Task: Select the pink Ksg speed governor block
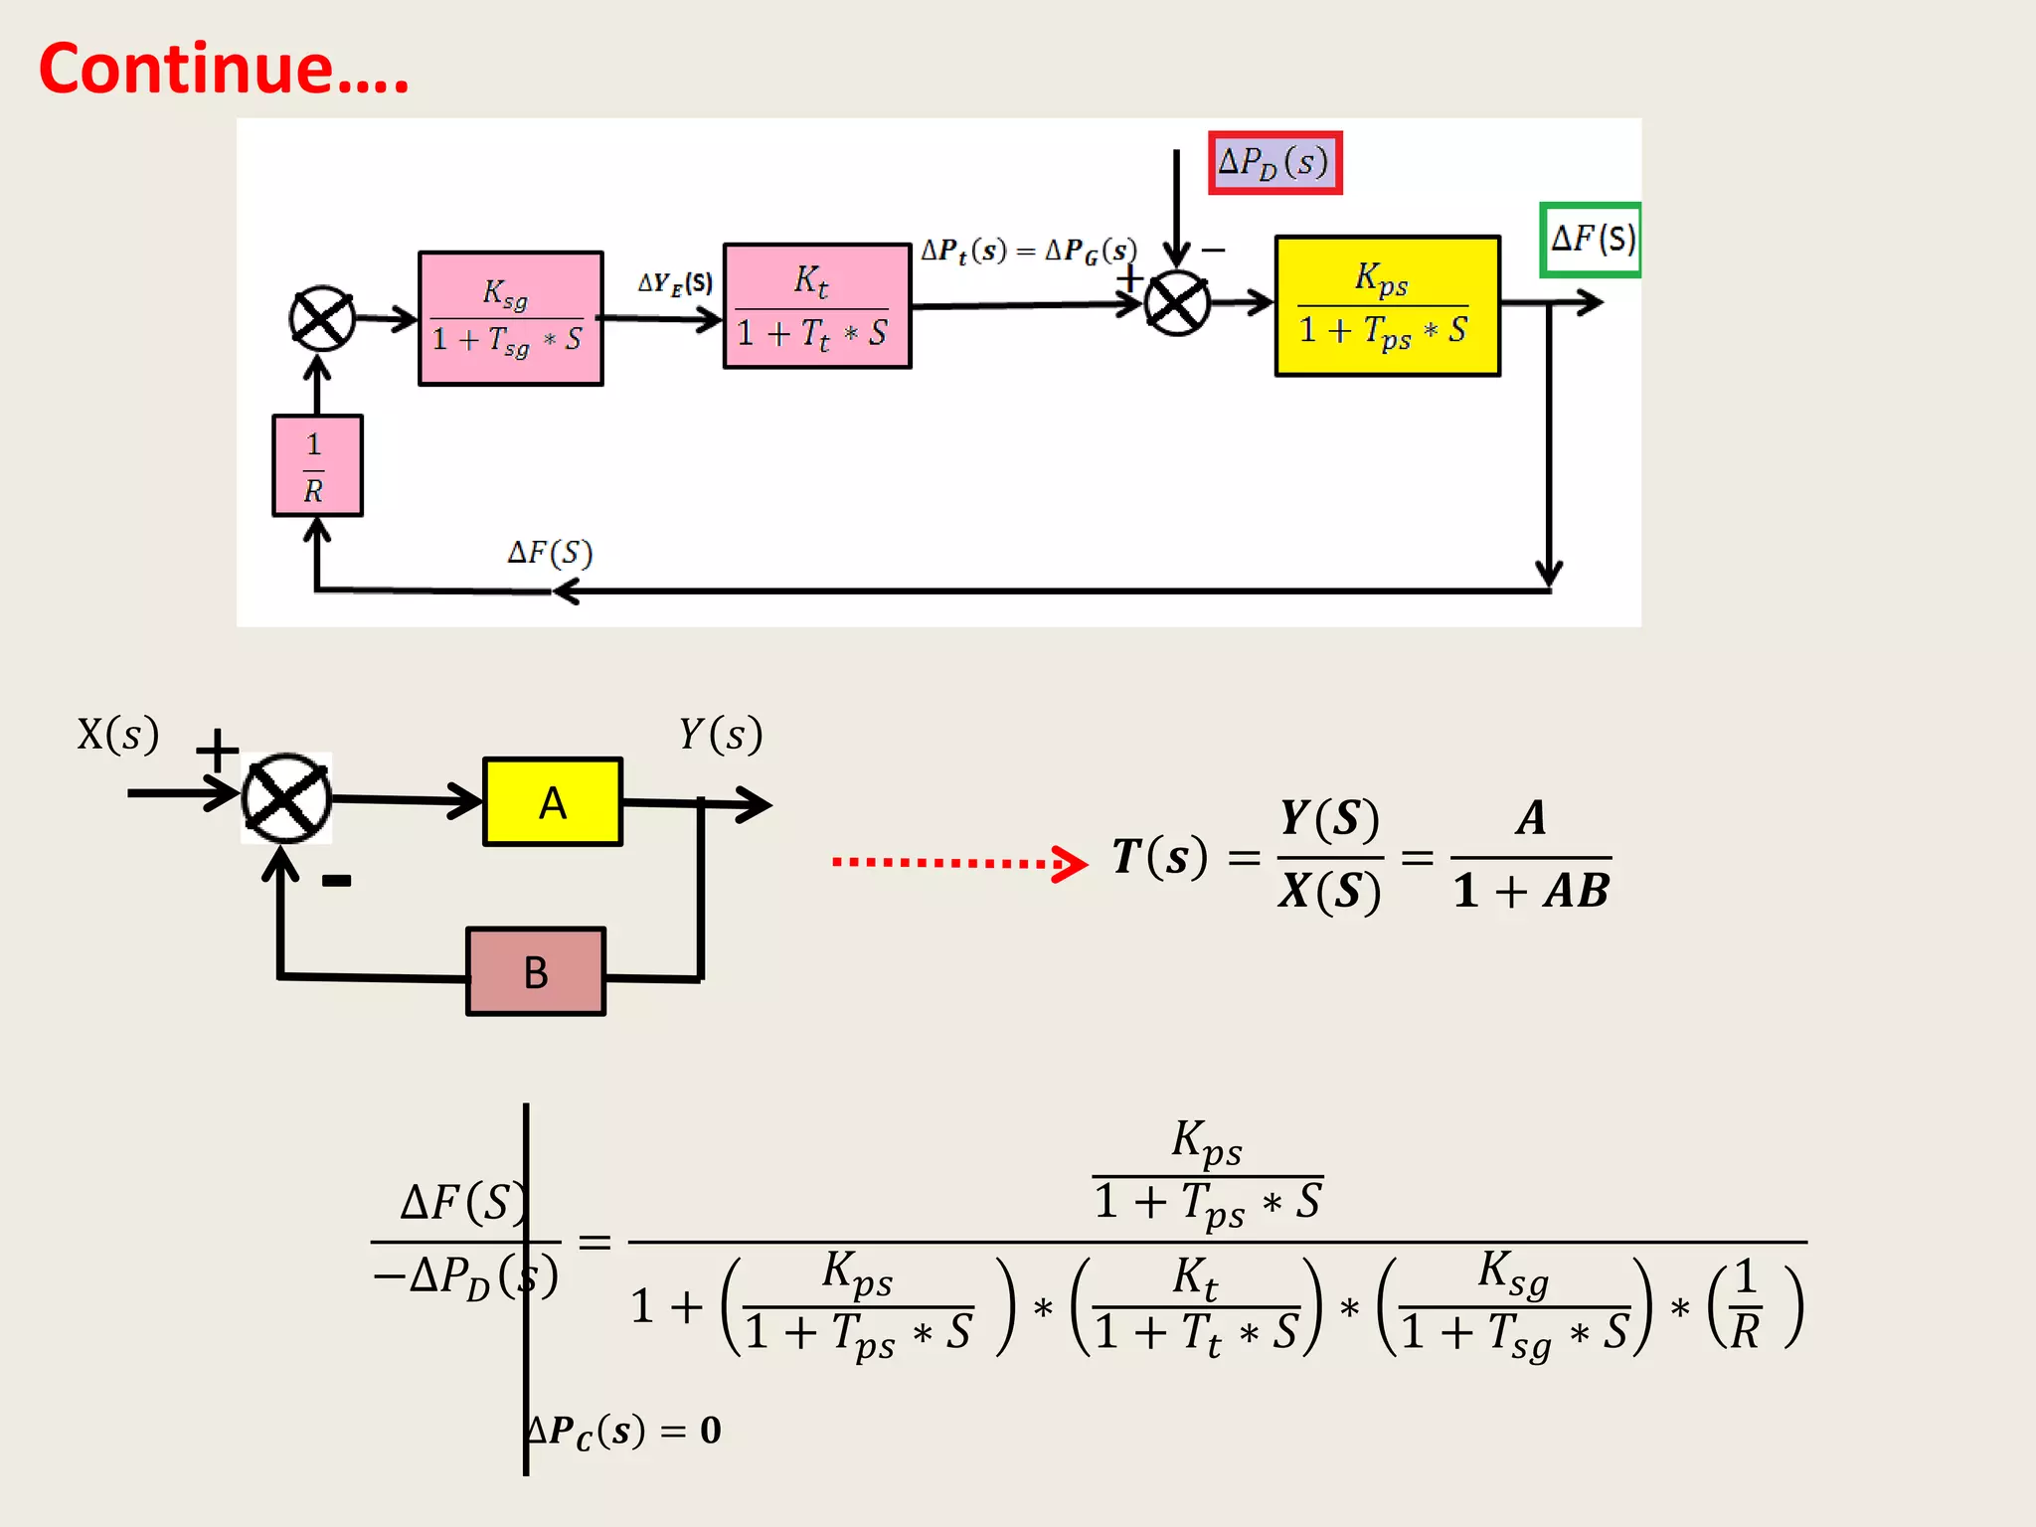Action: (x=510, y=318)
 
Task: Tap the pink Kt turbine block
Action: (x=816, y=306)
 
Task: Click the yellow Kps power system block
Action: (x=1387, y=306)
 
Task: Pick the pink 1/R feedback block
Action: (x=317, y=465)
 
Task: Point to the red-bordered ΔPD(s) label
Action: (x=1274, y=162)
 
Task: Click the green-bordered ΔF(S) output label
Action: (x=1590, y=240)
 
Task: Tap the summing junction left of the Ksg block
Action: (x=321, y=319)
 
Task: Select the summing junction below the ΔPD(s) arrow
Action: (x=1176, y=303)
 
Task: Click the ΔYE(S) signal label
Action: (x=675, y=283)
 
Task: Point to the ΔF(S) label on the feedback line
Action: (x=550, y=553)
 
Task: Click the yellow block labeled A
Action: (x=553, y=802)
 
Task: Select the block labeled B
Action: (x=536, y=971)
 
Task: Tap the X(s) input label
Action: (x=118, y=735)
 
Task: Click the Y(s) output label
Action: (x=721, y=735)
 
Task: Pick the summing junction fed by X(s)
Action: (x=286, y=798)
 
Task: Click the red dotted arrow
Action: (x=958, y=862)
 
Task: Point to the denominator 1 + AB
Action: (x=1530, y=891)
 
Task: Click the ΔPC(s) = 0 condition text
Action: (x=624, y=1431)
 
